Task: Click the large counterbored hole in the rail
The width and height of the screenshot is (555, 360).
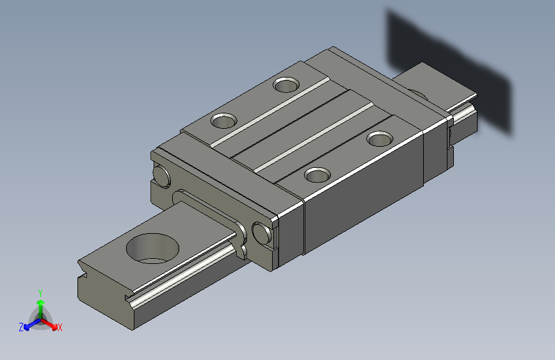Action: pyautogui.click(x=152, y=249)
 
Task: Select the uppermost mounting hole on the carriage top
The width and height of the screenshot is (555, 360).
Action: pyautogui.click(x=286, y=85)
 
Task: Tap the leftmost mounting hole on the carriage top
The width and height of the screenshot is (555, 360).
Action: pyautogui.click(x=223, y=120)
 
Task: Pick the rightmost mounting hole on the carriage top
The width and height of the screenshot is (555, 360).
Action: pyautogui.click(x=380, y=139)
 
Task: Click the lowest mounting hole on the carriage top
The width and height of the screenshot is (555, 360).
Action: pyautogui.click(x=318, y=175)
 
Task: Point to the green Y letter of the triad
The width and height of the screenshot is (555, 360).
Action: pyautogui.click(x=40, y=293)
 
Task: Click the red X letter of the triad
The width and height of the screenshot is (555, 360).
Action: pyautogui.click(x=60, y=328)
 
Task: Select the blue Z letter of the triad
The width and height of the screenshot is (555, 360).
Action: pyautogui.click(x=21, y=327)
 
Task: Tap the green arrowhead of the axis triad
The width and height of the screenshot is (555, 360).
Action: pyautogui.click(x=41, y=302)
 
